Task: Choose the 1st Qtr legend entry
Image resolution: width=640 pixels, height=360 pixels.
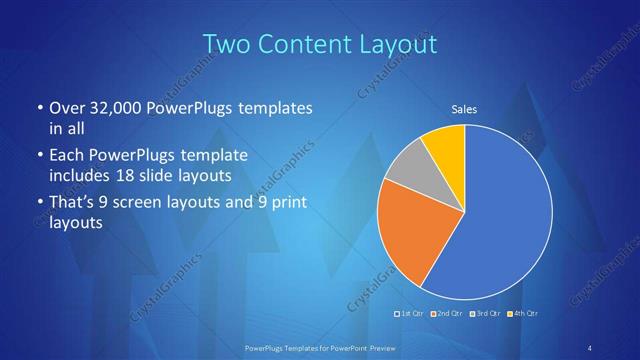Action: click(411, 314)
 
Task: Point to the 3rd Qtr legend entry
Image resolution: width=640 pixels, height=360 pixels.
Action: click(484, 314)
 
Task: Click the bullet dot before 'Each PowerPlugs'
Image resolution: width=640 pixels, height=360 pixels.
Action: click(39, 156)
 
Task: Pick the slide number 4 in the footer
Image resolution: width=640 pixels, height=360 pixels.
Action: click(590, 347)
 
